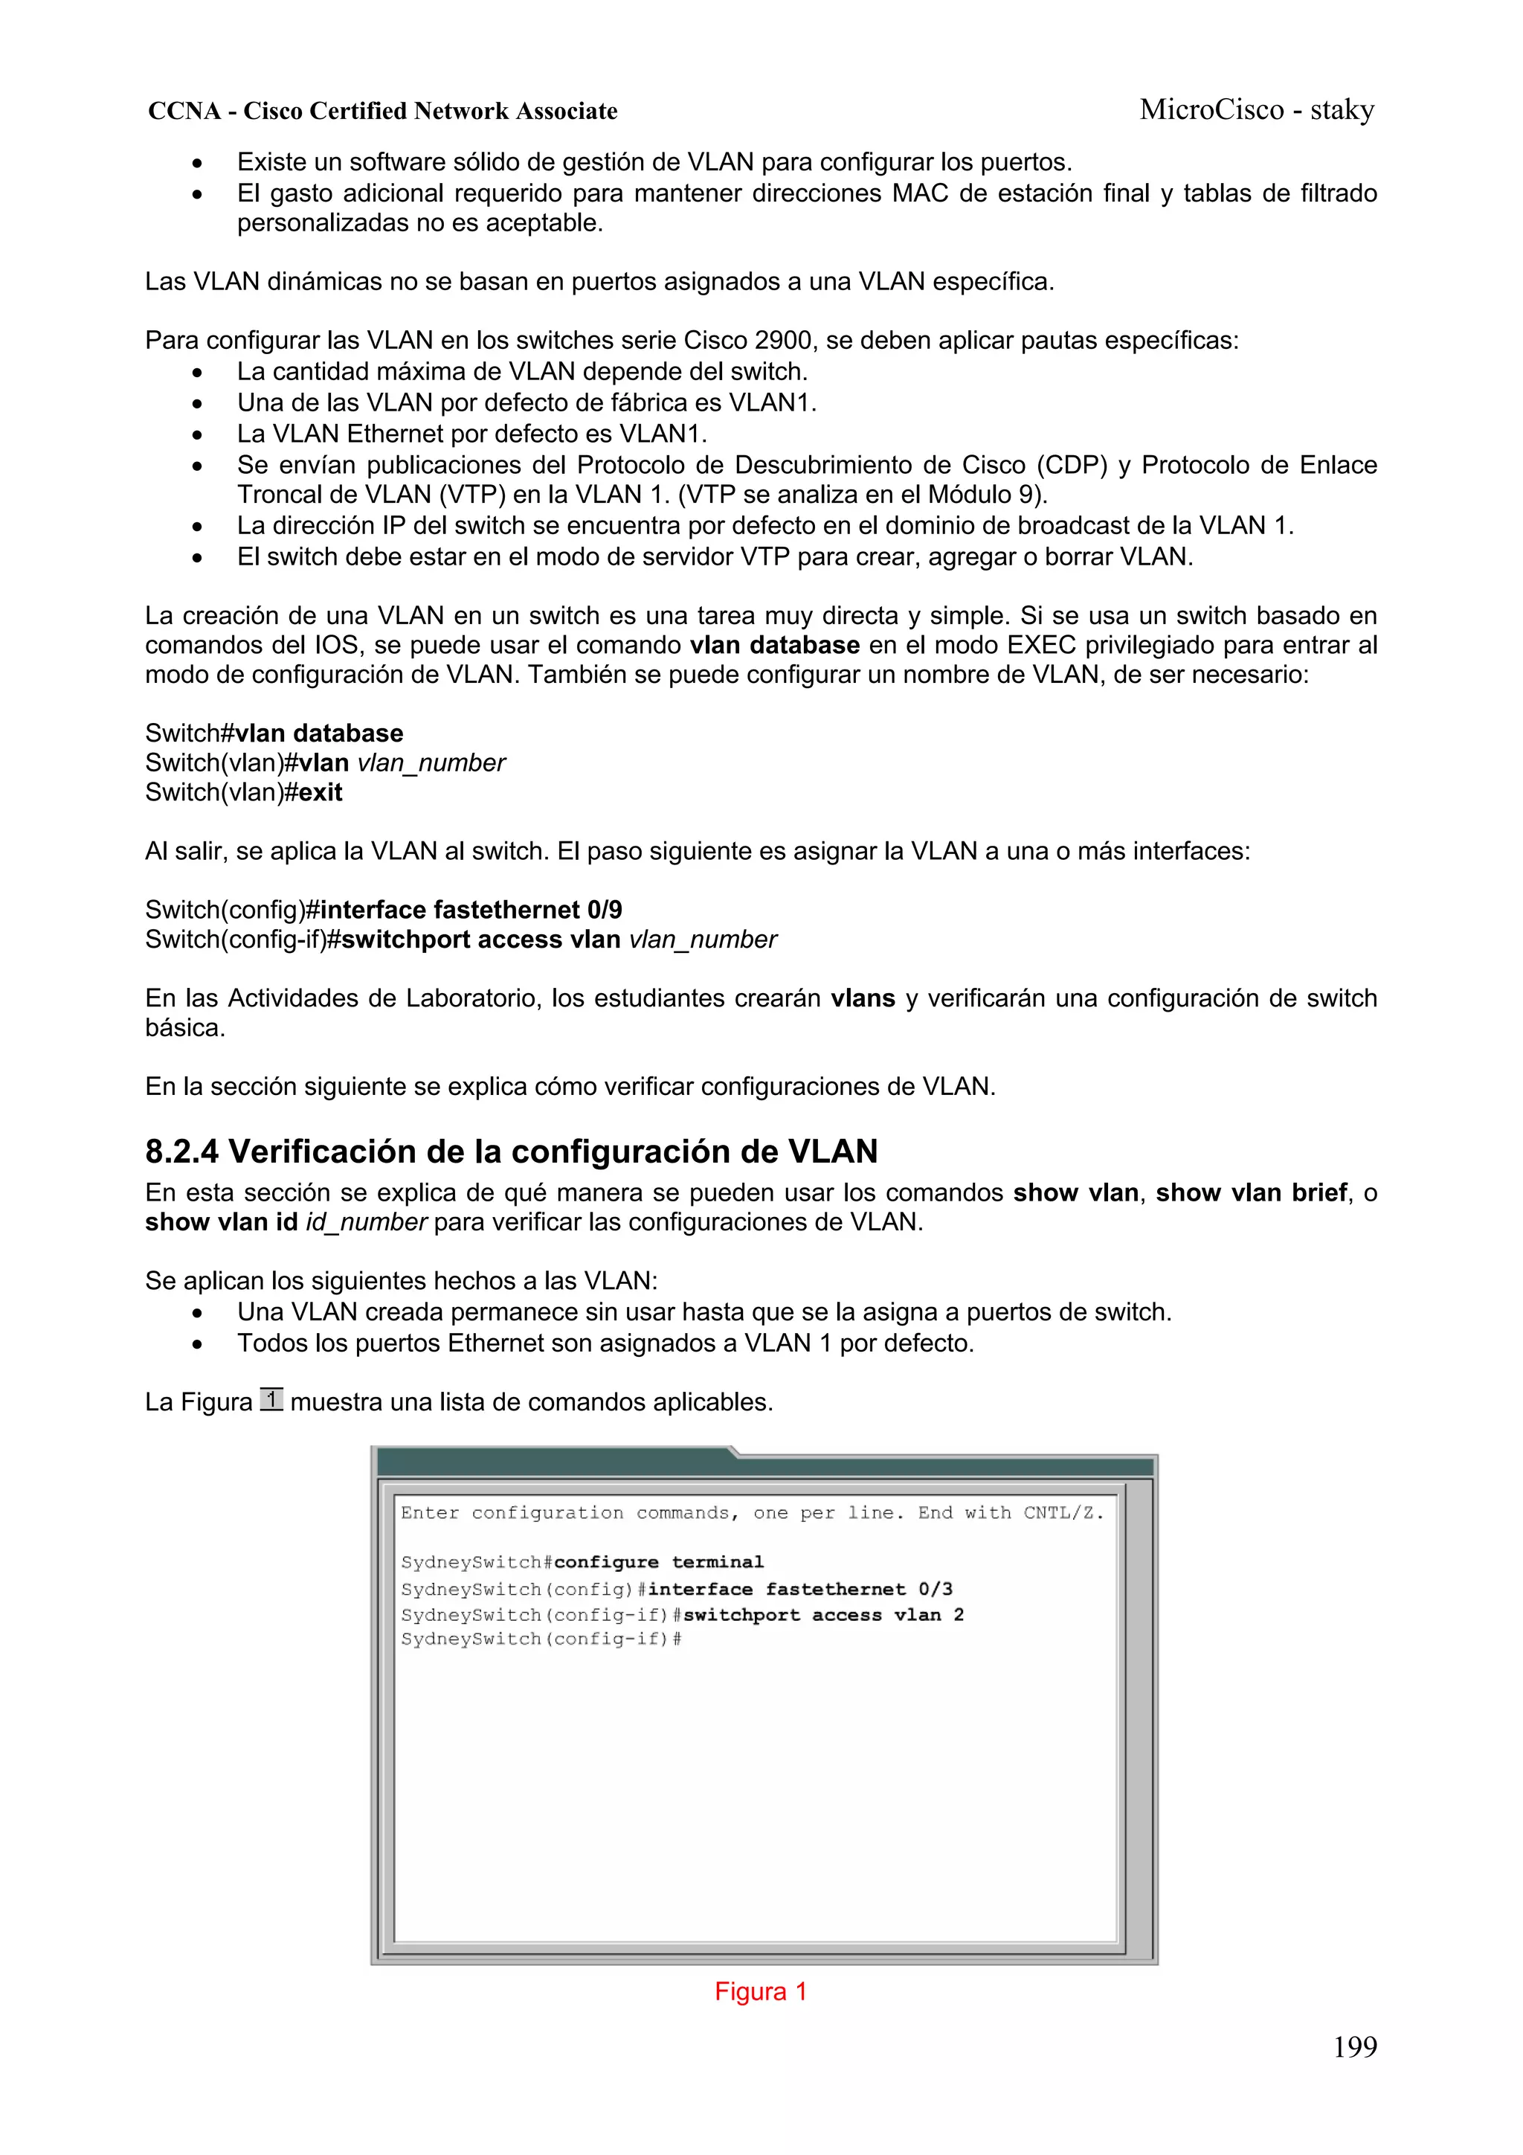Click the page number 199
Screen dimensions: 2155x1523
(1354, 2047)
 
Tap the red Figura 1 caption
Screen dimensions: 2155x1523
(760, 1991)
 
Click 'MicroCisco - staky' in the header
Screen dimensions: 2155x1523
(1257, 110)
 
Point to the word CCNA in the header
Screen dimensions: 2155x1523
(184, 112)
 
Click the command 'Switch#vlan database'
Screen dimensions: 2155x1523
(274, 733)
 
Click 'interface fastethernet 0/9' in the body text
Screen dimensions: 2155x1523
(471, 910)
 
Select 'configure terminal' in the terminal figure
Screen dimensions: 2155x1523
(659, 1562)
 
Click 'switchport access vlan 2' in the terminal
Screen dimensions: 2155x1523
(823, 1614)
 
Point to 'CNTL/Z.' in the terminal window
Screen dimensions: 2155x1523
(1063, 1513)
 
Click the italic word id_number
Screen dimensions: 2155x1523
(366, 1222)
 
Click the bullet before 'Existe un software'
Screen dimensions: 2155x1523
(196, 164)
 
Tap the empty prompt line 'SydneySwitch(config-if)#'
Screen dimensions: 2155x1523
(541, 1639)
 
